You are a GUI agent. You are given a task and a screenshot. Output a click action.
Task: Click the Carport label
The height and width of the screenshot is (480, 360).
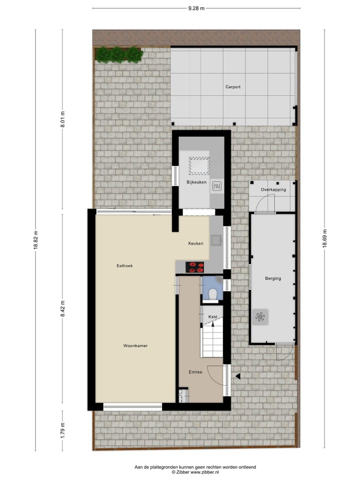(x=232, y=87)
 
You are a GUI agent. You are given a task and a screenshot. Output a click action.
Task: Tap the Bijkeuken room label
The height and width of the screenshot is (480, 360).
(x=196, y=182)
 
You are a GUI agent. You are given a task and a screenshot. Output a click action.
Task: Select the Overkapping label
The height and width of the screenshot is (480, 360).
(x=273, y=190)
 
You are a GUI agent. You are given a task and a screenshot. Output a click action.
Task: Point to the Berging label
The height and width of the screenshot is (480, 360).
(x=273, y=278)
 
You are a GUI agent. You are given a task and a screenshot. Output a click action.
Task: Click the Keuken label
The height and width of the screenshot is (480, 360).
(x=195, y=243)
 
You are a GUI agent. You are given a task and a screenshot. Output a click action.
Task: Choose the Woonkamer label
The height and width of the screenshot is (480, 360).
(x=135, y=345)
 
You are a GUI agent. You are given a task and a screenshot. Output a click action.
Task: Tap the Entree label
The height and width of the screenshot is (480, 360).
(x=195, y=372)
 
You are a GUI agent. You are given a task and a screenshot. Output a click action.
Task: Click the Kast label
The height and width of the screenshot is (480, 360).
(x=212, y=316)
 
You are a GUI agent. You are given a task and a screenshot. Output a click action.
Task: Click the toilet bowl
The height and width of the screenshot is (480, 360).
(x=213, y=294)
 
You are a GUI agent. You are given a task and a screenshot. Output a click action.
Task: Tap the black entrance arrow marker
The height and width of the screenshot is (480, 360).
(x=238, y=376)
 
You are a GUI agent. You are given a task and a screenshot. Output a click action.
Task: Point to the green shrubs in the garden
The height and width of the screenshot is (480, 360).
(x=119, y=54)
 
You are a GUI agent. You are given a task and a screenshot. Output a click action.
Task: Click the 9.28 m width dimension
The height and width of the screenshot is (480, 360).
(x=196, y=8)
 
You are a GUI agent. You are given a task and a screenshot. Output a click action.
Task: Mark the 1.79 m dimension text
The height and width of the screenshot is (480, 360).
(x=62, y=429)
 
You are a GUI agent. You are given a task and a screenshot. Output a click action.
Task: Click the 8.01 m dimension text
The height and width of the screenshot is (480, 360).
(x=62, y=119)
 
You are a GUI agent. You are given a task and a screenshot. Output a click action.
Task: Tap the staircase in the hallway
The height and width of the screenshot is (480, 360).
(x=212, y=340)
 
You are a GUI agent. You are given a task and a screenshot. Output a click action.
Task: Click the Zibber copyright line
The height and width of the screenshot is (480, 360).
(x=195, y=472)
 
